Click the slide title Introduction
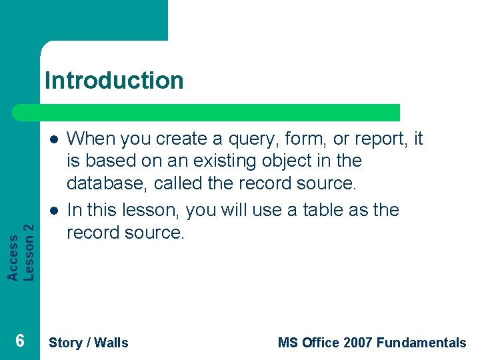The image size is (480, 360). (114, 81)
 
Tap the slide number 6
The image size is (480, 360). (20, 341)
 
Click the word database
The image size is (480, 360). (107, 183)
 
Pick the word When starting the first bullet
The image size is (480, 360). (91, 139)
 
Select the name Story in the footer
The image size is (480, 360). (65, 343)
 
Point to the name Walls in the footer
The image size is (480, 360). (111, 343)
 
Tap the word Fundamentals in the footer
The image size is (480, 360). (421, 343)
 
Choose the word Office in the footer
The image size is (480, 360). (321, 343)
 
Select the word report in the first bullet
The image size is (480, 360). (385, 139)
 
